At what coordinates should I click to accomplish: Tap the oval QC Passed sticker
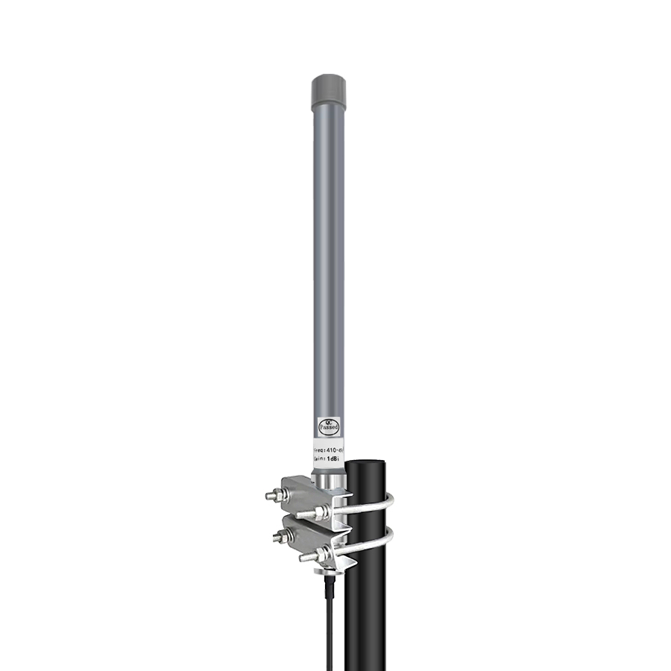point(328,424)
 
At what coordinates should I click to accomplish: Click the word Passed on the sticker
point(328,428)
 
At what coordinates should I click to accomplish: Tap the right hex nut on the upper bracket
point(320,512)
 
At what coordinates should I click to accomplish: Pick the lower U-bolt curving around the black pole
point(373,548)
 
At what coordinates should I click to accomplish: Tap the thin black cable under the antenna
point(328,626)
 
